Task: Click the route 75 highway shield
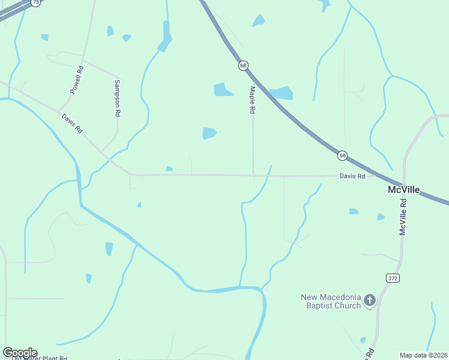pos(36,2)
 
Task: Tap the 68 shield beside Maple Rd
pos(243,65)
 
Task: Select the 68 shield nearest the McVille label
pos(342,155)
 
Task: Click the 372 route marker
pos(393,278)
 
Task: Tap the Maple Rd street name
pos(253,100)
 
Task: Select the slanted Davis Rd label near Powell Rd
pos(72,123)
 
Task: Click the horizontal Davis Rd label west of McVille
pos(352,176)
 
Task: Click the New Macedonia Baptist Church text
pos(331,301)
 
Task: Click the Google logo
pos(20,353)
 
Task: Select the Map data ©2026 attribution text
pos(424,355)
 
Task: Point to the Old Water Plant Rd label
pos(40,358)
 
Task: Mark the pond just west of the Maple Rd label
pos(223,90)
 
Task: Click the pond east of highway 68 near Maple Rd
pos(282,93)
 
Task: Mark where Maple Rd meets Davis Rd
pos(253,176)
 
